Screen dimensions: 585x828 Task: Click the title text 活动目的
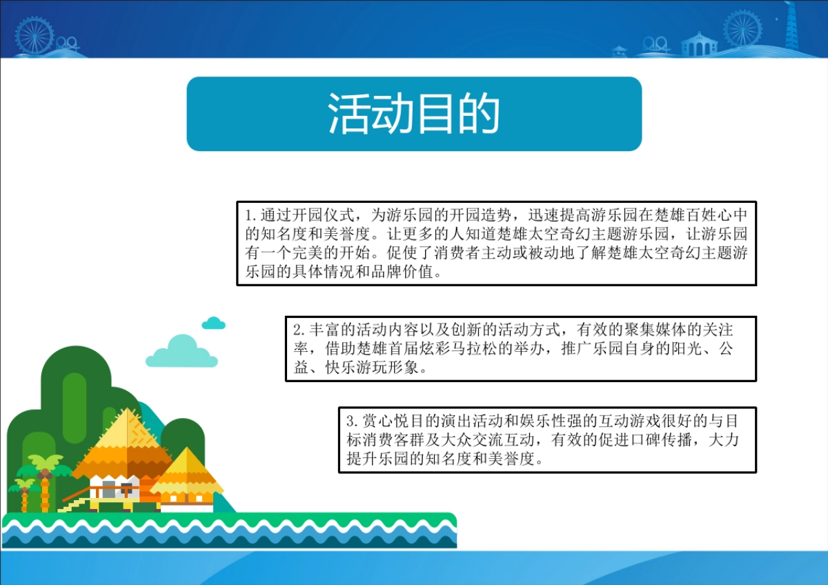pyautogui.click(x=413, y=114)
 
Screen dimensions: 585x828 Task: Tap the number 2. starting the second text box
pyautogui.click(x=299, y=329)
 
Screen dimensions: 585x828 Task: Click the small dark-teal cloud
pyautogui.click(x=214, y=324)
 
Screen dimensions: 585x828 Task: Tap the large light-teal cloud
pyautogui.click(x=181, y=352)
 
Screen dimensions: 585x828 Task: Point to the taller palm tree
pyautogui.click(x=45, y=476)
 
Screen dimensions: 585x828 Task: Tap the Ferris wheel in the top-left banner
pyautogui.click(x=34, y=34)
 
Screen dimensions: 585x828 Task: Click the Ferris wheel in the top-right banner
pyautogui.click(x=742, y=28)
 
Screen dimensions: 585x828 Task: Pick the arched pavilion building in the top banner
pyautogui.click(x=699, y=45)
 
